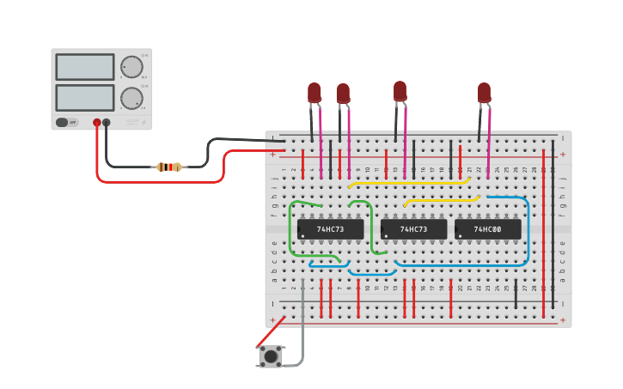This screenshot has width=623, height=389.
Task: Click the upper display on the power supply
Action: [84, 67]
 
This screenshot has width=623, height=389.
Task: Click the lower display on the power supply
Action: [84, 97]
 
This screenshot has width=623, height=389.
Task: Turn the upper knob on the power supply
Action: [131, 67]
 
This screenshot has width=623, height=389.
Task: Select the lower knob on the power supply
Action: [131, 98]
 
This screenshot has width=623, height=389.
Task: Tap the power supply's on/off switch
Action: [63, 122]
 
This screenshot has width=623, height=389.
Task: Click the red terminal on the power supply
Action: [97, 123]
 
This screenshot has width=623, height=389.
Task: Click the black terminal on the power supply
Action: [107, 123]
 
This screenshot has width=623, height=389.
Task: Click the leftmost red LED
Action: [315, 92]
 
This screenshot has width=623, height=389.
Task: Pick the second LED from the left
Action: [343, 93]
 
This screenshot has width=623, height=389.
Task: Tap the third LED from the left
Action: [400, 90]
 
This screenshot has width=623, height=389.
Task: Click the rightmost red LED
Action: [484, 92]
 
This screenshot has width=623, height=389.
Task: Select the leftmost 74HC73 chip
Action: [330, 229]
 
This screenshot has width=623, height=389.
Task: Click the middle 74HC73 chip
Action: [413, 229]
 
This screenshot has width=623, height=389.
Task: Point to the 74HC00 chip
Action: [487, 229]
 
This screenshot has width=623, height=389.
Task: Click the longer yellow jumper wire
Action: [408, 183]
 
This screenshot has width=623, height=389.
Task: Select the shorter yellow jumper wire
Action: [441, 200]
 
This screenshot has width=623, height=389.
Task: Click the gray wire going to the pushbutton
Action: [302, 318]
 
